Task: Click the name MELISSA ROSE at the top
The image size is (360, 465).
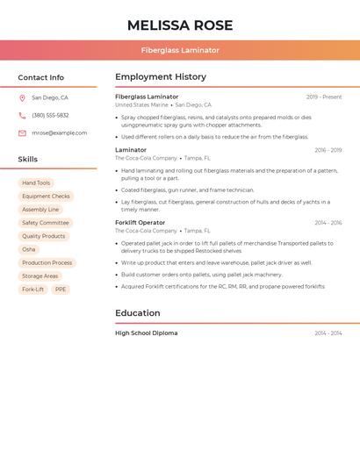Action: tap(180, 25)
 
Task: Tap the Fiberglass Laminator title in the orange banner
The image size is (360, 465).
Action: tap(180, 50)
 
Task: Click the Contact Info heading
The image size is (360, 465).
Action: tap(40, 77)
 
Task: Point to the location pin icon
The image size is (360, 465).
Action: tap(22, 98)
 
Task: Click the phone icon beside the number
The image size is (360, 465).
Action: tap(22, 115)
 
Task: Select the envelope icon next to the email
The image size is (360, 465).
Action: tap(22, 133)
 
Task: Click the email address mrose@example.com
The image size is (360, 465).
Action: tap(59, 133)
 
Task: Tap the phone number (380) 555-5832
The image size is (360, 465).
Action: tap(50, 115)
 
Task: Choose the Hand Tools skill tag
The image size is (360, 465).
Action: tap(36, 183)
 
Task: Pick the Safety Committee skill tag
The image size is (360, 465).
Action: tap(45, 223)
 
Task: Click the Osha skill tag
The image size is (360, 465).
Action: tap(29, 249)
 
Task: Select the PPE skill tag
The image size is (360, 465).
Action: tap(60, 289)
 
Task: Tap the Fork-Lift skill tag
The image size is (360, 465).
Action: tap(32, 289)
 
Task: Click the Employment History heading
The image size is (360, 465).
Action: tap(161, 77)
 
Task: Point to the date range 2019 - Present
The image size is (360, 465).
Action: tap(324, 97)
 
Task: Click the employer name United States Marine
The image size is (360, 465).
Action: tap(141, 104)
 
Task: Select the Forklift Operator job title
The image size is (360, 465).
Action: tap(140, 223)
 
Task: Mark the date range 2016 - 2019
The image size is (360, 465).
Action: tap(328, 150)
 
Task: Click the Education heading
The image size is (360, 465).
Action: tap(137, 313)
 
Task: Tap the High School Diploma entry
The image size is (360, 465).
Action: tap(146, 333)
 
